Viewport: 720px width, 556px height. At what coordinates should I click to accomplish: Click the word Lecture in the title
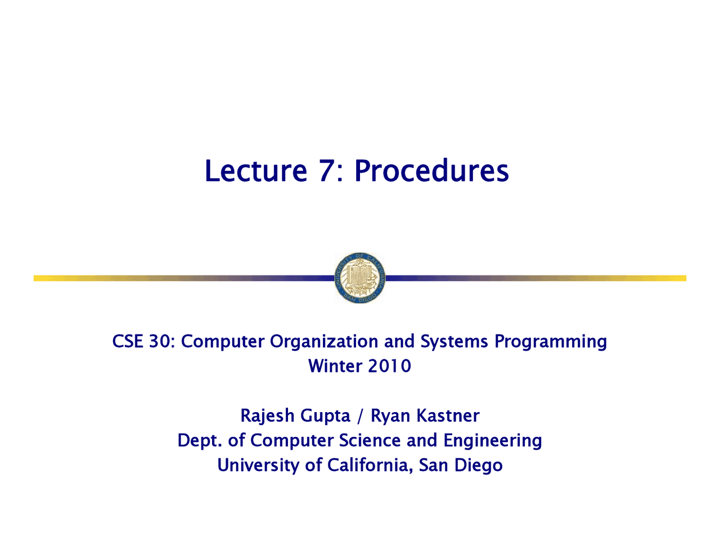pos(256,171)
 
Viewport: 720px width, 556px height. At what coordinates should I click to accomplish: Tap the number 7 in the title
pos(326,171)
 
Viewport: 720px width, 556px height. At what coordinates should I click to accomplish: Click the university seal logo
pos(360,278)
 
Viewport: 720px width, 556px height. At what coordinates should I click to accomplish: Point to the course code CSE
pos(128,341)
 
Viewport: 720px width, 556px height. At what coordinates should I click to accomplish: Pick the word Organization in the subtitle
pos(323,342)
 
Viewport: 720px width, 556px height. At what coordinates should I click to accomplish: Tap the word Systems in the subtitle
pos(454,342)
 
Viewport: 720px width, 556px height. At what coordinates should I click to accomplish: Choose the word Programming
pos(550,342)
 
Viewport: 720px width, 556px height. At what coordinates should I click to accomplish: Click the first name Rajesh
pos(267,416)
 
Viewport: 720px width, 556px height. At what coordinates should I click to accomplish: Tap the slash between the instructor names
pos(360,416)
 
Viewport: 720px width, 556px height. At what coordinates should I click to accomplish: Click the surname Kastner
pos(448,415)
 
